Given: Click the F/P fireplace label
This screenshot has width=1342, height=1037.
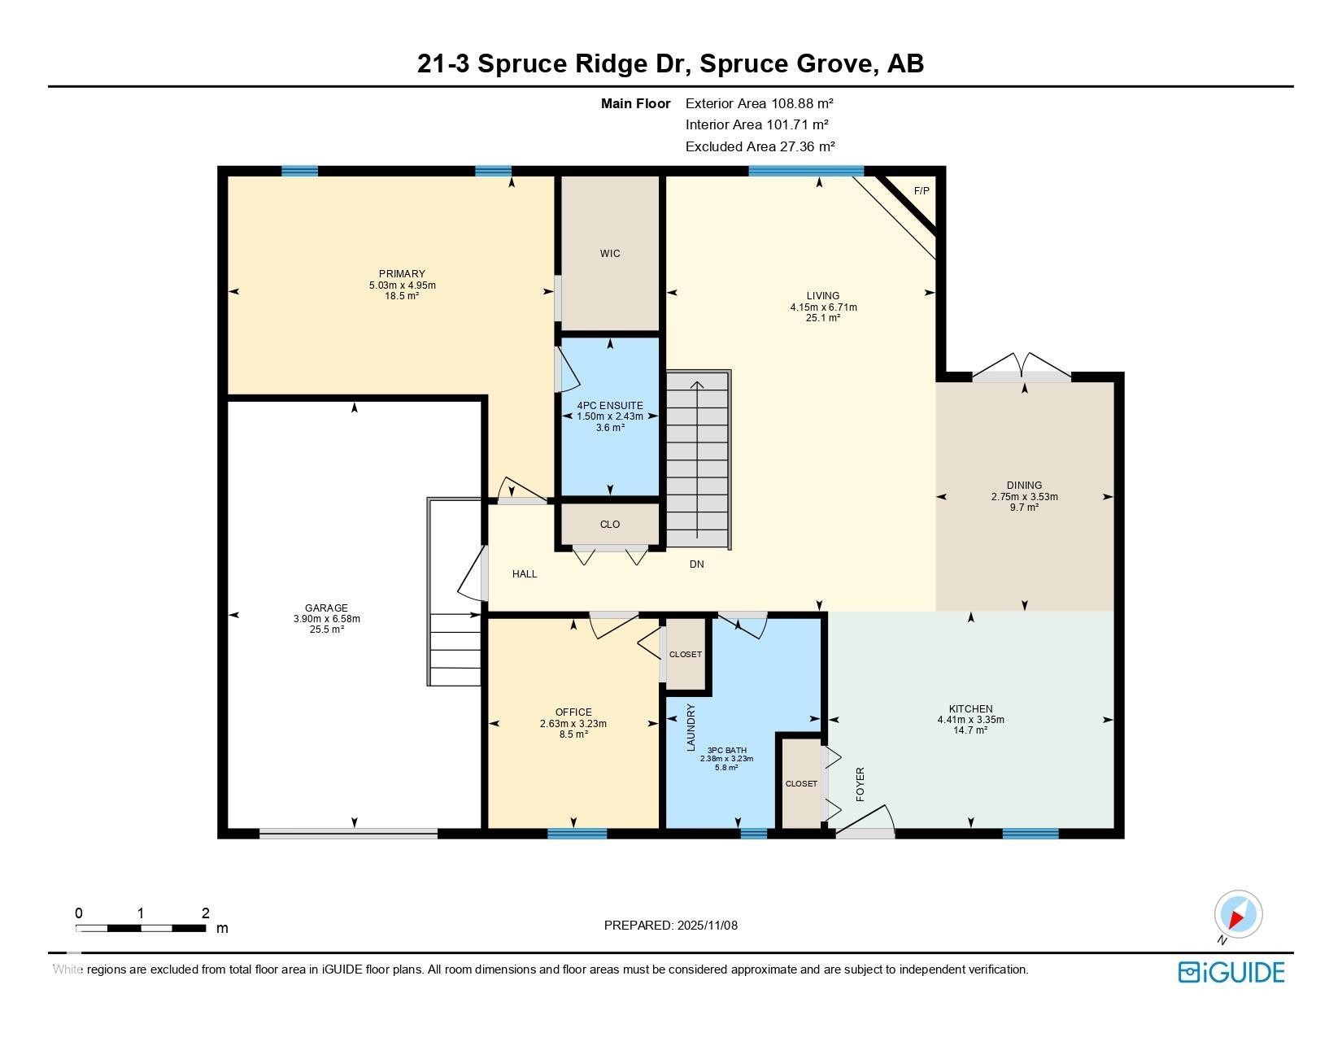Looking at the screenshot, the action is tap(922, 191).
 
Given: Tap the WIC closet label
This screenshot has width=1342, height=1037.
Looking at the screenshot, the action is tap(609, 253).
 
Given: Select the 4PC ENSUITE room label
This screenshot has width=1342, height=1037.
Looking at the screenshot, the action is tap(609, 405).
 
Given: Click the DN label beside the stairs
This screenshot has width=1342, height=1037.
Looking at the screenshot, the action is tap(697, 564).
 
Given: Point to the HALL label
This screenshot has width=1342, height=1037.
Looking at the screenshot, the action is tap(525, 573).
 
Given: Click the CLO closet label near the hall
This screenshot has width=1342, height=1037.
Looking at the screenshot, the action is tap(609, 525).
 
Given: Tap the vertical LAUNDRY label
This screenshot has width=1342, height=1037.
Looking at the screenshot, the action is tap(691, 728).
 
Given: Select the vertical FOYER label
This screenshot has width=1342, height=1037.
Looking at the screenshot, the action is tap(861, 784).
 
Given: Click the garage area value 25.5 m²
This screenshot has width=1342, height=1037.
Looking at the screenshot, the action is tap(327, 630).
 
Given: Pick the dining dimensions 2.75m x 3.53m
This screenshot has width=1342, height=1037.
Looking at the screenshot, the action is tap(1025, 497).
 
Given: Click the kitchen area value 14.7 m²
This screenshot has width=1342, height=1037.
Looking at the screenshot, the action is tap(971, 730).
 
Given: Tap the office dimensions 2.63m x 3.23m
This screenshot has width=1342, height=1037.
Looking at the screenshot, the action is tap(573, 723).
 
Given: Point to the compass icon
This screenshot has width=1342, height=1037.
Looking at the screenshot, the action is tap(1238, 915).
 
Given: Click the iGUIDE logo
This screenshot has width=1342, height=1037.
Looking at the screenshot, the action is tap(1231, 972).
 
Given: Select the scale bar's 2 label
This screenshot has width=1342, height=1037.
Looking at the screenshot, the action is tap(206, 913).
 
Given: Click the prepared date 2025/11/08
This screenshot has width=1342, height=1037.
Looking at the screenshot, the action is tap(707, 926).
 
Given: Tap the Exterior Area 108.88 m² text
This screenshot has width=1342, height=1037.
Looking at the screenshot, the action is tap(760, 103).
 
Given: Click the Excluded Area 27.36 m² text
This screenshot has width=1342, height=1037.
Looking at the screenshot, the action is tap(760, 146).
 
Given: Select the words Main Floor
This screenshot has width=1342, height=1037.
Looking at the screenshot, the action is tap(635, 104).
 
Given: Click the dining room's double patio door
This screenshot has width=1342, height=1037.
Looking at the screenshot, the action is tap(1022, 368).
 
